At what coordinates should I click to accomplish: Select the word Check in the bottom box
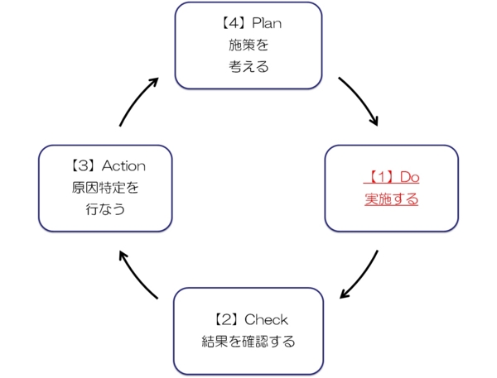[x=267, y=319]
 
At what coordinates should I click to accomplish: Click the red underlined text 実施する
[x=391, y=199]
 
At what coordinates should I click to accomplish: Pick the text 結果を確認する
[x=248, y=341]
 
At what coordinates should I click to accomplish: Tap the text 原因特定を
[x=105, y=188]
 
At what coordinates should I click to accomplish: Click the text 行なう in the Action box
[x=105, y=209]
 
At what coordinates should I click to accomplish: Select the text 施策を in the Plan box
[x=248, y=45]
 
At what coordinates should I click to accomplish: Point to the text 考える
[x=248, y=66]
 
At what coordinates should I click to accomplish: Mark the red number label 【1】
[x=379, y=177]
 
